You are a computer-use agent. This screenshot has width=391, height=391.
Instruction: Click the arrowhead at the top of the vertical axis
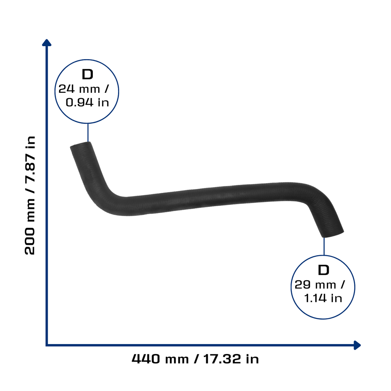tap(47, 43)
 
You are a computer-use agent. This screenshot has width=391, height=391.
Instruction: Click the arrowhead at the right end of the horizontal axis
tap(357, 345)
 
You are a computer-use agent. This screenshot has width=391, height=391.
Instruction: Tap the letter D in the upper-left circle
tap(87, 74)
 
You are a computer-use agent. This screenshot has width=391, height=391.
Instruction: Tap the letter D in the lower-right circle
tap(323, 270)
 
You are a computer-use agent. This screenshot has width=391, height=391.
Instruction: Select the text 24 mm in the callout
tap(79, 89)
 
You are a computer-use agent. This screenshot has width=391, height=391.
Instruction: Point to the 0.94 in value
tap(87, 102)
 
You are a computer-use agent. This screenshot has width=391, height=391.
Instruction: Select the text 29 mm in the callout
tap(315, 285)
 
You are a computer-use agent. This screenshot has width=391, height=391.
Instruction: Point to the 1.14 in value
tap(323, 298)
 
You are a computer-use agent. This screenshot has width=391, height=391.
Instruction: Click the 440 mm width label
tap(160, 359)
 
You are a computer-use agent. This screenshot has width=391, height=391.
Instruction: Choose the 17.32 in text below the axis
tap(231, 359)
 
